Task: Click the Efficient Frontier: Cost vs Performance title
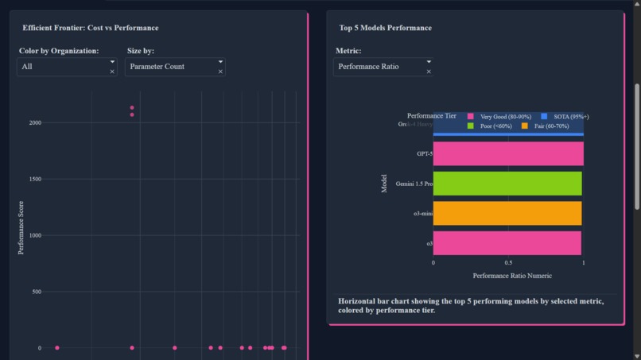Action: [x=90, y=28]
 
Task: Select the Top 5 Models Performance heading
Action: [x=385, y=28]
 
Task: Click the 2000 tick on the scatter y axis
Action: [x=35, y=123]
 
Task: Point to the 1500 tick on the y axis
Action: [x=35, y=180]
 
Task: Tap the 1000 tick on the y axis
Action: [x=35, y=236]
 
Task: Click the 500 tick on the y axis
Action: [x=37, y=292]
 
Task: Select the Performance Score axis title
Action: [x=21, y=227]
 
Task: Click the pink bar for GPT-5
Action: [x=508, y=153]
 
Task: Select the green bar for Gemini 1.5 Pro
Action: [x=507, y=184]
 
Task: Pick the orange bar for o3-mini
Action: [x=507, y=213]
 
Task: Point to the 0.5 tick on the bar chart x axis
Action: [x=508, y=262]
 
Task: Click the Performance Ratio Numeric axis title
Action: [x=511, y=276]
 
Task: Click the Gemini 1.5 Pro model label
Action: [x=414, y=184]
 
